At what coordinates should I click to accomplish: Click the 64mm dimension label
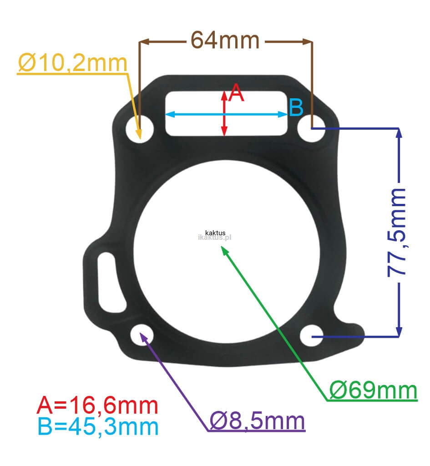tap(225, 40)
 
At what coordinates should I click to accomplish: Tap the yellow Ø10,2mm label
tap(72, 63)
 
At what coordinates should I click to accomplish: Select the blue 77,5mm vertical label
tap(397, 233)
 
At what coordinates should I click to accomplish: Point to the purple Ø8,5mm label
tap(258, 420)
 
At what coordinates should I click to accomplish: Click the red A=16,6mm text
tap(97, 405)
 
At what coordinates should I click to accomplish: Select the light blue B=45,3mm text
tap(98, 426)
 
